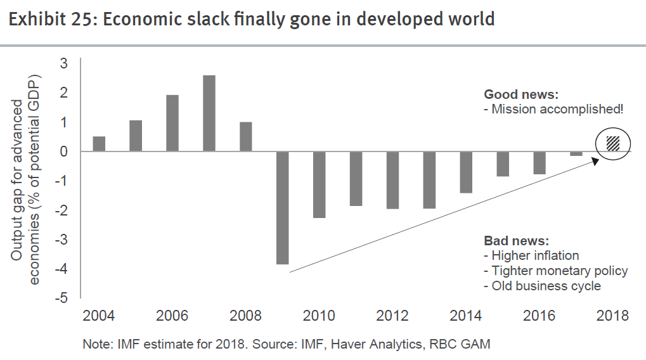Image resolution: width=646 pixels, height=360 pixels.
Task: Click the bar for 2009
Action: [283, 207]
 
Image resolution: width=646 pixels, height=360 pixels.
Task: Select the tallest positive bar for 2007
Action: [209, 113]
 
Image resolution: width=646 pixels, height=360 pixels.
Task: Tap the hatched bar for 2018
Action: [612, 143]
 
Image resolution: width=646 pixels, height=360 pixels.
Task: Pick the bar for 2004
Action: [99, 144]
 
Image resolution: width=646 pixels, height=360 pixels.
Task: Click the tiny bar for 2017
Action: [576, 153]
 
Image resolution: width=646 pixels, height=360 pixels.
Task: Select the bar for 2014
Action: [466, 172]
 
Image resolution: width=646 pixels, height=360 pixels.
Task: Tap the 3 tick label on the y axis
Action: [63, 63]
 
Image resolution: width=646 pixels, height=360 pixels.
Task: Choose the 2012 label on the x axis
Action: [393, 316]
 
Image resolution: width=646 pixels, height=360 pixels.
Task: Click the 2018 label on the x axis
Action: [612, 316]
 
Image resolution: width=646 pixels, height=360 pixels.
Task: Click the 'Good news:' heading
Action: [521, 94]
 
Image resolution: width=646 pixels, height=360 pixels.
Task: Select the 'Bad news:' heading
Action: [516, 241]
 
